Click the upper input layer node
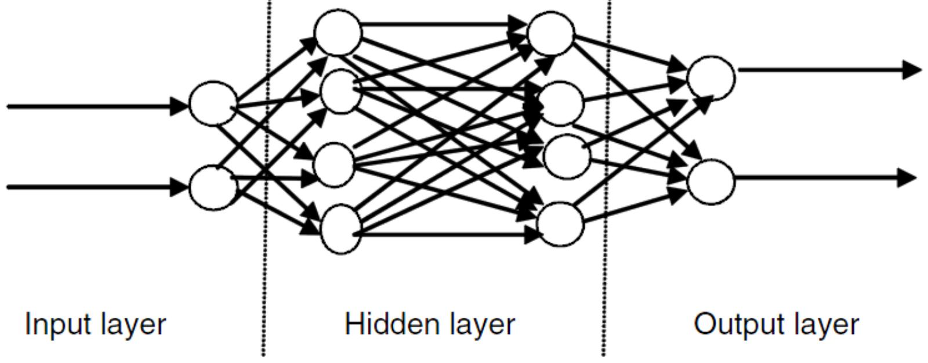pos(213,104)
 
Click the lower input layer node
pos(213,187)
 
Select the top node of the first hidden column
pos(338,33)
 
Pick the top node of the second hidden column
pos(550,34)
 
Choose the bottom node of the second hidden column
pos(560,224)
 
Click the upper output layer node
pos(711,78)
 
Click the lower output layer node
pos(711,182)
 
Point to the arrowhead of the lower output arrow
pos(908,177)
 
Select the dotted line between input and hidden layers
pos(266,261)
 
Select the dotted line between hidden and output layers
pos(605,261)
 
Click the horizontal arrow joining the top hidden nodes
pos(441,24)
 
